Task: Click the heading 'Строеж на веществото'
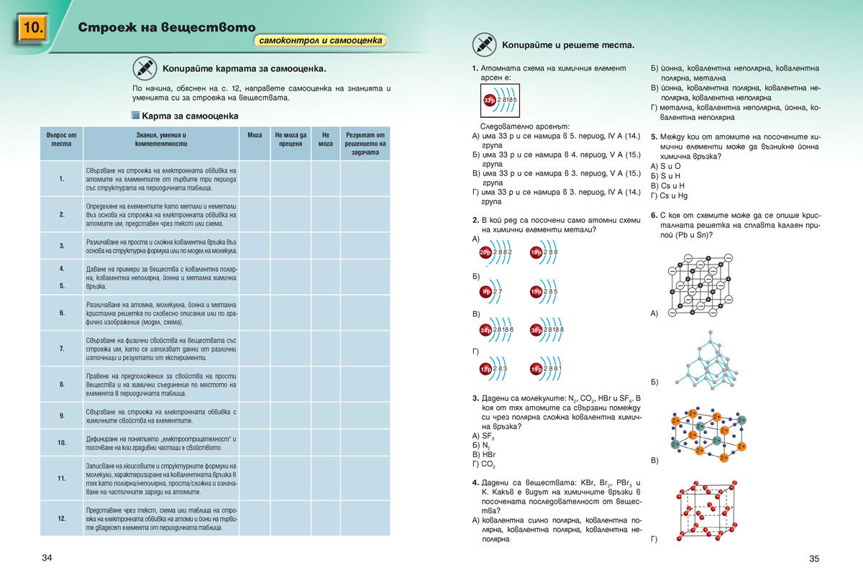[166, 27]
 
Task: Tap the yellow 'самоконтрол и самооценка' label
[321, 40]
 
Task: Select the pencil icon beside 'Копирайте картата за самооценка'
[145, 68]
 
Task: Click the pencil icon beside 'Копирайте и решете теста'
[484, 45]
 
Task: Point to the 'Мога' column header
[255, 135]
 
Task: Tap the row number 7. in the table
[62, 349]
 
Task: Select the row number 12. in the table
[62, 518]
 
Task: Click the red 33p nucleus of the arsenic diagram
[489, 99]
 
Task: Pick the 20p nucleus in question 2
[485, 252]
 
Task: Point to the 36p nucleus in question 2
[536, 330]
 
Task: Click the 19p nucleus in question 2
[536, 369]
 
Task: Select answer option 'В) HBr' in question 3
[484, 455]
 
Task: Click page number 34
[47, 558]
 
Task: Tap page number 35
[814, 558]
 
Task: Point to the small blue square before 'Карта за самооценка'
[135, 115]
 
